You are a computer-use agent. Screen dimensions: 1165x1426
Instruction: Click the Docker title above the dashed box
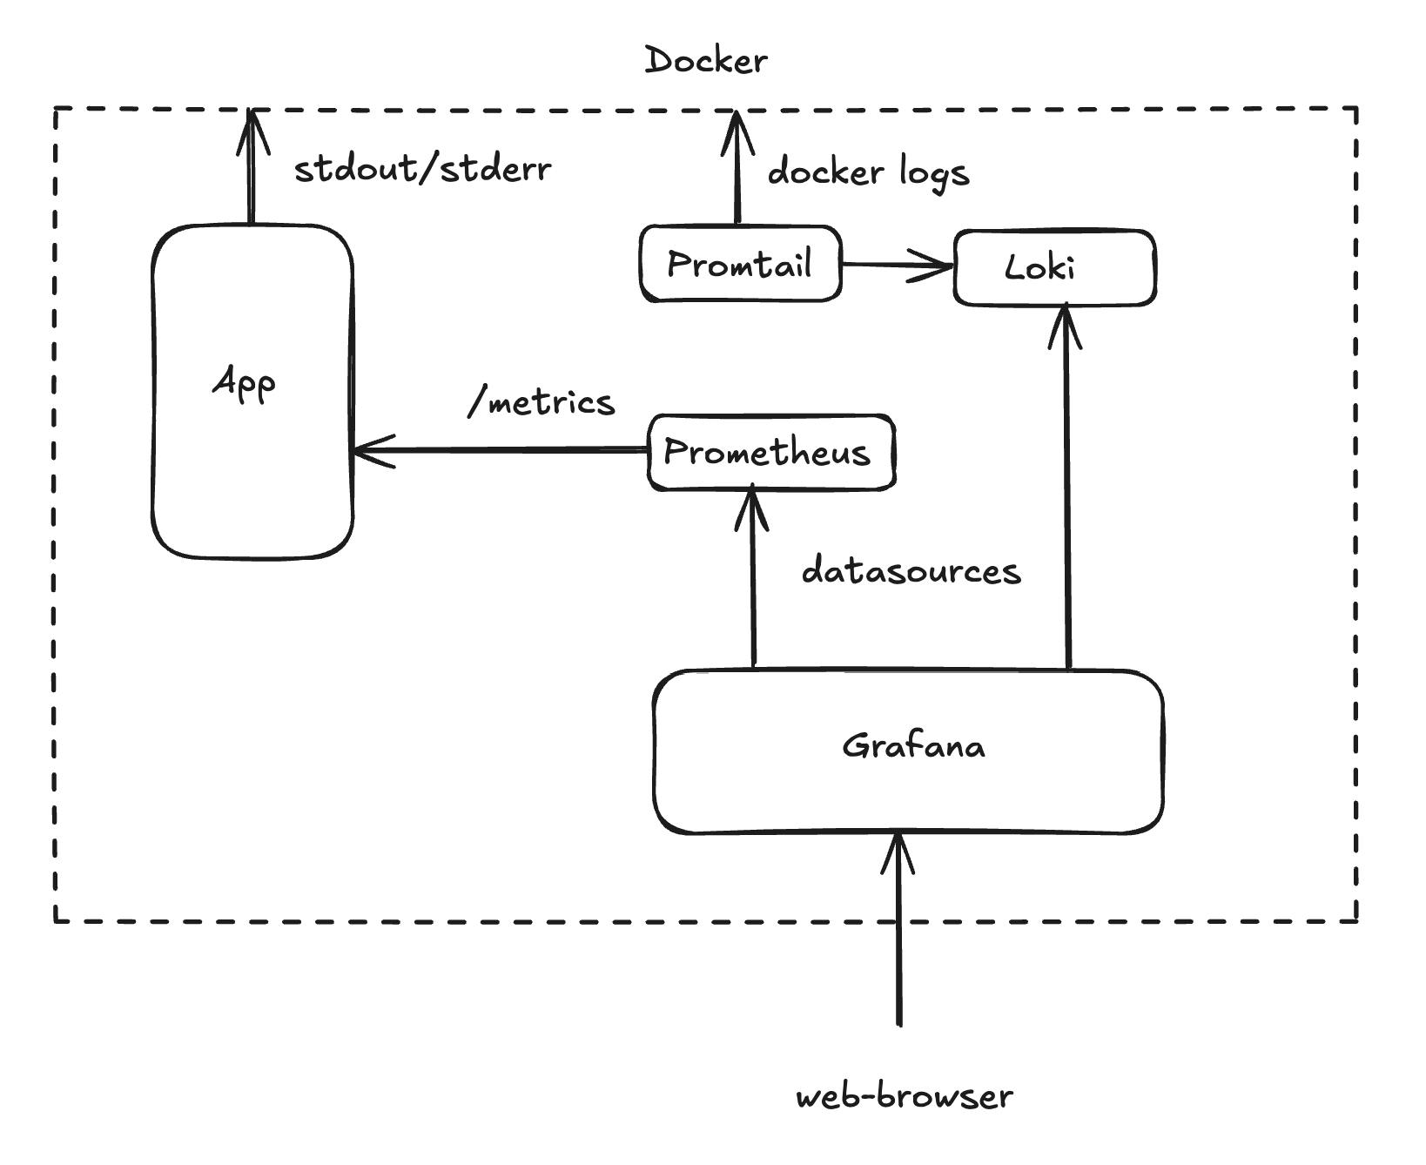[x=706, y=61]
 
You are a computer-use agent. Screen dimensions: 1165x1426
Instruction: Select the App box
[x=252, y=392]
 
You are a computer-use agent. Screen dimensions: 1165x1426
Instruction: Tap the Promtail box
[x=740, y=264]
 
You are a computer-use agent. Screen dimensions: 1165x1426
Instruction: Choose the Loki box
[x=1054, y=267]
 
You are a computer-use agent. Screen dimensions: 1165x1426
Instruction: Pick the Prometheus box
[x=770, y=452]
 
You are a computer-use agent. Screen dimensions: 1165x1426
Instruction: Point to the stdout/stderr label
[x=422, y=169]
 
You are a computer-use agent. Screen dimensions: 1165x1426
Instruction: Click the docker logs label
[x=868, y=172]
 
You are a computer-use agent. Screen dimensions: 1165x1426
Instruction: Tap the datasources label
[x=911, y=571]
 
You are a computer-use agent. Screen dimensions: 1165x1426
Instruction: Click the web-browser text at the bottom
[x=905, y=1096]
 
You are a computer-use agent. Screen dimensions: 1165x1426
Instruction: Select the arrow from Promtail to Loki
[x=897, y=265]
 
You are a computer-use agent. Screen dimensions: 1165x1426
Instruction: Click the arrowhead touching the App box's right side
[x=373, y=451]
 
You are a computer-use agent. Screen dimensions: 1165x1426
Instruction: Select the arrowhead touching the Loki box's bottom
[x=1065, y=327]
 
